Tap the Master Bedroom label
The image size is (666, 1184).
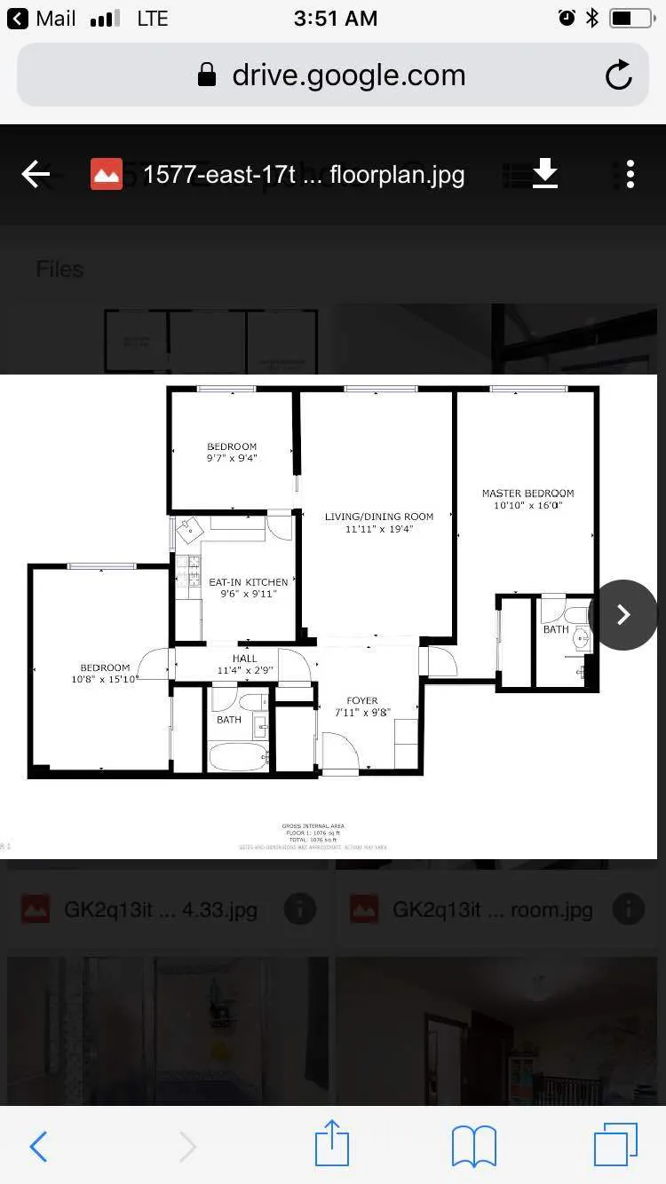pyautogui.click(x=527, y=493)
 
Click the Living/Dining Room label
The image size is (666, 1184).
pyautogui.click(x=379, y=517)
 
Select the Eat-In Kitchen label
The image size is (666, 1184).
pyautogui.click(x=249, y=582)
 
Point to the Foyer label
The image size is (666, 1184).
pyautogui.click(x=362, y=700)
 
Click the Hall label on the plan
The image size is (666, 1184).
pyautogui.click(x=245, y=659)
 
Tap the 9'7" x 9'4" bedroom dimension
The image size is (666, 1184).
pyautogui.click(x=232, y=458)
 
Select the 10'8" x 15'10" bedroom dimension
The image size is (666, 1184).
pyautogui.click(x=105, y=679)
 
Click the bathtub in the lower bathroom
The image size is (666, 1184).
pyautogui.click(x=238, y=757)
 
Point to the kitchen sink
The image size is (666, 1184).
pyautogui.click(x=189, y=530)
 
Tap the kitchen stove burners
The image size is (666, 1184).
pyautogui.click(x=188, y=570)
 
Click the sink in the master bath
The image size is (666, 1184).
pyautogui.click(x=581, y=636)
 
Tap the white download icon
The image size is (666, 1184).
pyautogui.click(x=545, y=174)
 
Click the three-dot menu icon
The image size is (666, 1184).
pyautogui.click(x=630, y=174)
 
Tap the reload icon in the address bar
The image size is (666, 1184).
pyautogui.click(x=619, y=75)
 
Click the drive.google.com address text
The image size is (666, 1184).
pyautogui.click(x=348, y=75)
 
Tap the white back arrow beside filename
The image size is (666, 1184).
pyautogui.click(x=36, y=174)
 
